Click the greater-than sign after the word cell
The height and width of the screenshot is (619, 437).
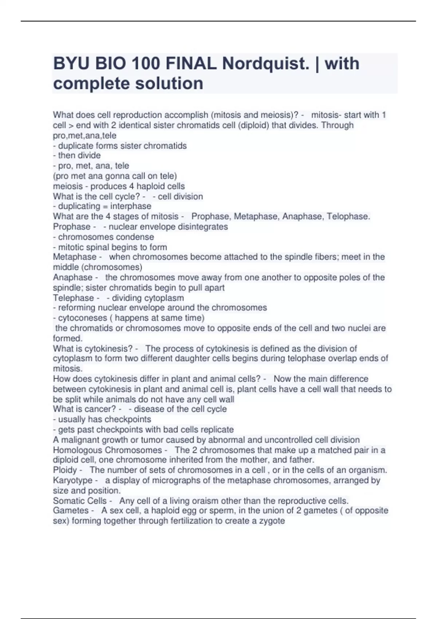71,125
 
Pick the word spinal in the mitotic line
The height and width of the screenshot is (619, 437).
101,247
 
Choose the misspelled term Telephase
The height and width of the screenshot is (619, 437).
74,297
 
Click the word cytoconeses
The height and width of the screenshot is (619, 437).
83,318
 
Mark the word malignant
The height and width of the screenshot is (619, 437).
78,439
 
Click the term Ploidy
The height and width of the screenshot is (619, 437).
65,470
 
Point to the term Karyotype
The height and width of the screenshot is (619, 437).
72,480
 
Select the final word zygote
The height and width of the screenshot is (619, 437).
272,521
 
